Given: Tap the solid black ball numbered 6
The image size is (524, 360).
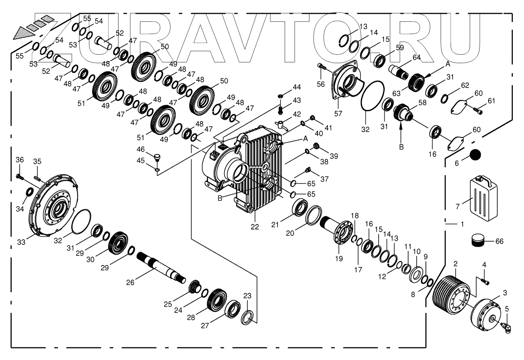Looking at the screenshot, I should [x=476, y=155].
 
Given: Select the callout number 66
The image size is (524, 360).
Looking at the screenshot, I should [x=499, y=242].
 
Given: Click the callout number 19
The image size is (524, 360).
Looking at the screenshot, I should [x=339, y=259].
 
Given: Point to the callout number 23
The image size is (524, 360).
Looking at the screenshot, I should [x=247, y=296].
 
